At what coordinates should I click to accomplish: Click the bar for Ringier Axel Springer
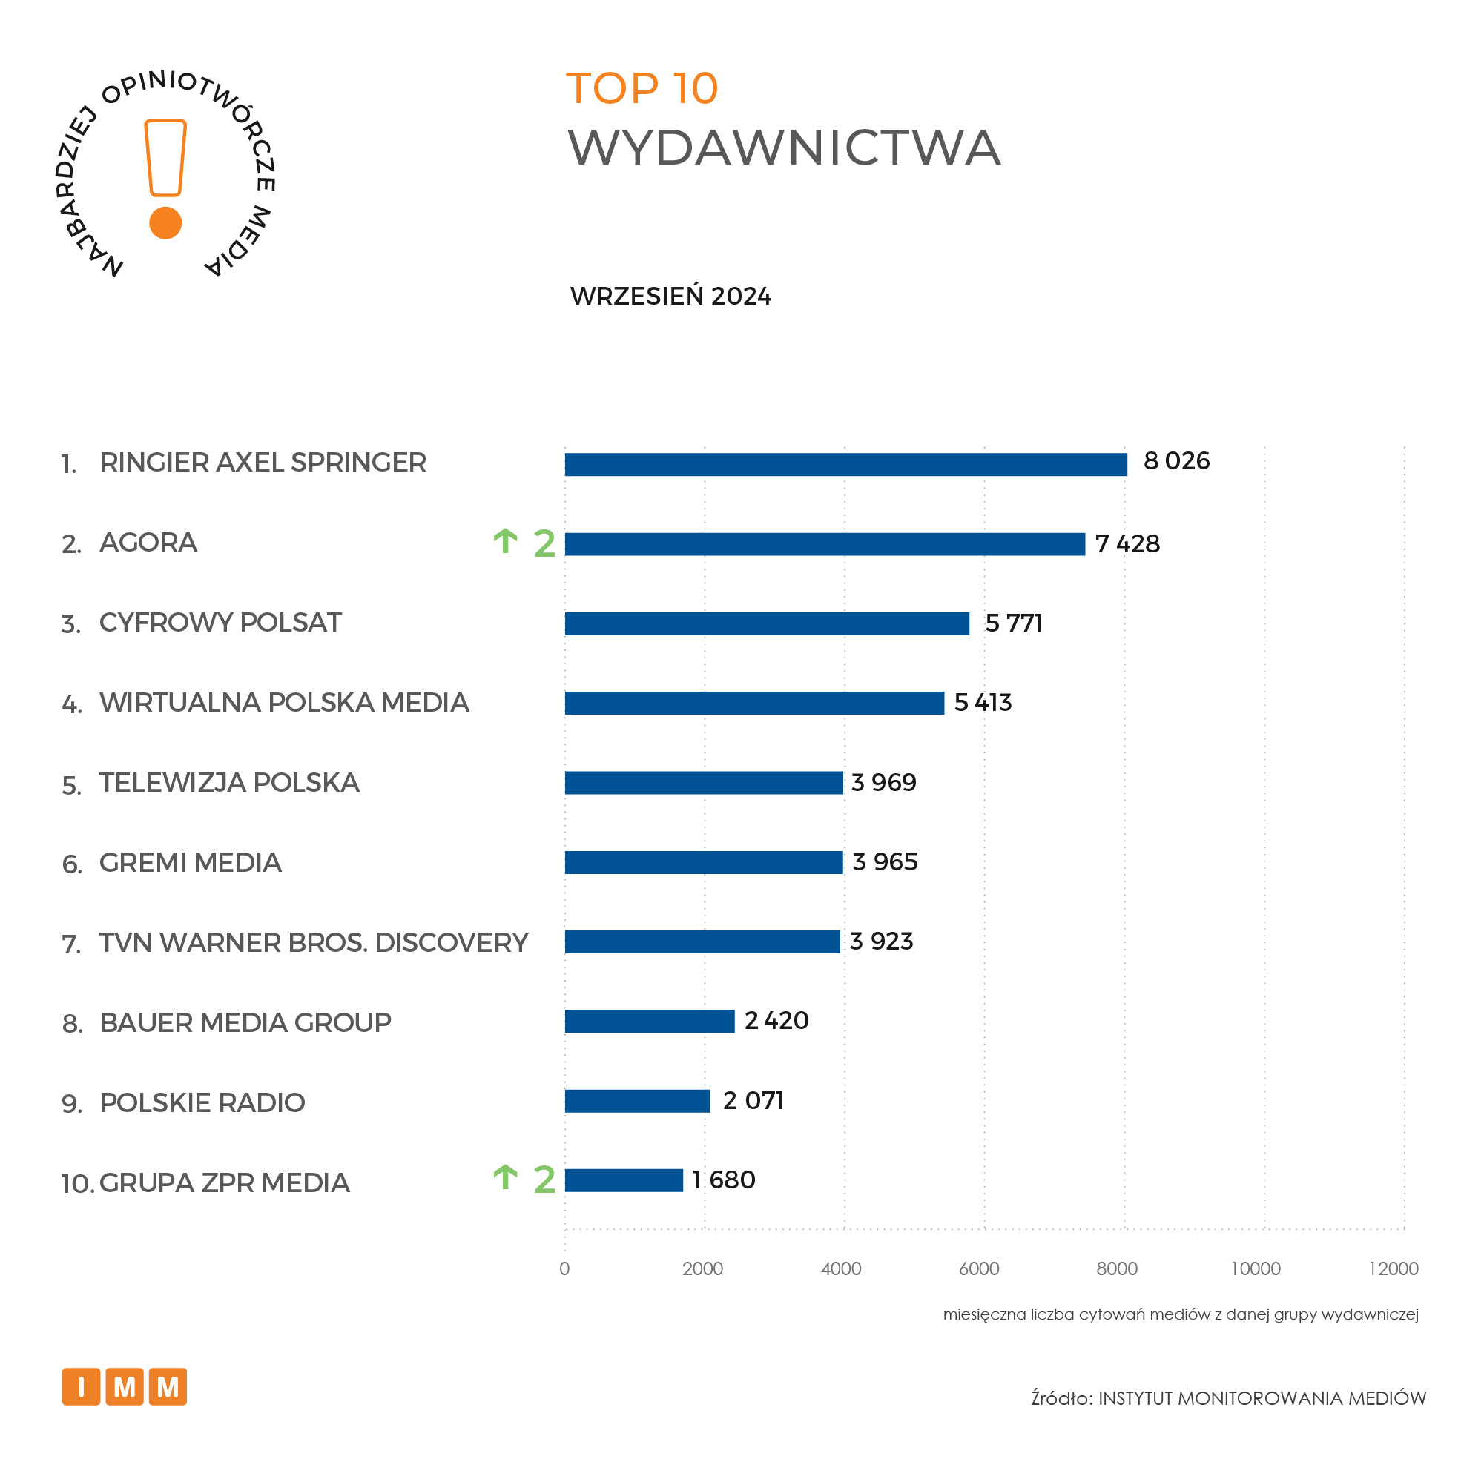[845, 464]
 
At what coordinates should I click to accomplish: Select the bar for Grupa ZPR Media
[623, 1180]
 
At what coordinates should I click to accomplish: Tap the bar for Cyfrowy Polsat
[767, 623]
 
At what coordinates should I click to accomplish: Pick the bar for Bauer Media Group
[649, 1022]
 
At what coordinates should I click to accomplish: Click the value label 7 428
[1127, 544]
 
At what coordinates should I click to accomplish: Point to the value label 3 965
[885, 862]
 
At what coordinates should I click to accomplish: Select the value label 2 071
[753, 1101]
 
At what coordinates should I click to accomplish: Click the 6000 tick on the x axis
[979, 1269]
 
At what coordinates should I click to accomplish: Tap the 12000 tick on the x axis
[1393, 1269]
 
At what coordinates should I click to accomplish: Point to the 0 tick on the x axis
[564, 1269]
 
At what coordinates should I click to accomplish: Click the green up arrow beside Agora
[505, 541]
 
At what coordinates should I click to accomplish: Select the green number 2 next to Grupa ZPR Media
[544, 1180]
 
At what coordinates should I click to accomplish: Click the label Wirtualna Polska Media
[283, 703]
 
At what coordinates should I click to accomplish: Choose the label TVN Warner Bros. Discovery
[314, 942]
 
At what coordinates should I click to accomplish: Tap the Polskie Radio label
[202, 1102]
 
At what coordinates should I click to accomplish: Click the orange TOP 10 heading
[642, 89]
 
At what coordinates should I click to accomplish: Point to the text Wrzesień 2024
[670, 297]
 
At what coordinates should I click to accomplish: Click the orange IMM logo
[124, 1387]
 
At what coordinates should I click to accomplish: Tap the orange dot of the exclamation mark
[165, 223]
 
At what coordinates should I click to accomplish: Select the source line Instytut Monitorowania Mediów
[1228, 1398]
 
